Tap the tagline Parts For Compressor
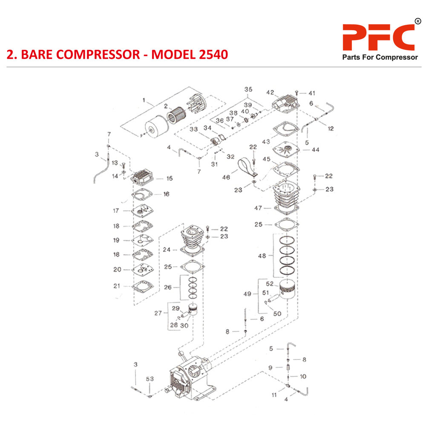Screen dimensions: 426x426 point(380,58)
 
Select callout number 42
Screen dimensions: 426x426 point(270,92)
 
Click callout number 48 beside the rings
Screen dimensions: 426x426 point(262,256)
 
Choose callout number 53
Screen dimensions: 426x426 point(150,379)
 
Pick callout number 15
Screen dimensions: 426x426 point(170,178)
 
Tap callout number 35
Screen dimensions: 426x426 point(248,89)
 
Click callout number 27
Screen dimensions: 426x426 point(158,313)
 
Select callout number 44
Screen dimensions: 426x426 point(316,150)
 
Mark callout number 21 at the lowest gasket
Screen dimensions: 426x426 point(117,286)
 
